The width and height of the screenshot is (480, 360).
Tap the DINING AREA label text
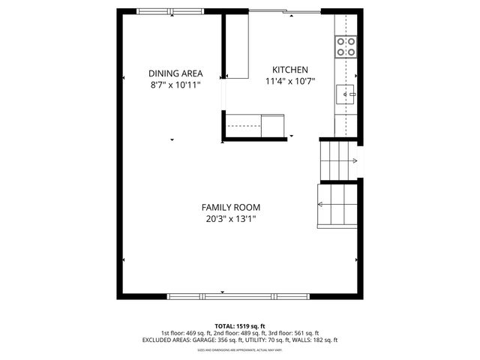tap(175, 73)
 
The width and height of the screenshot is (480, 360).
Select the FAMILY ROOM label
tap(230, 207)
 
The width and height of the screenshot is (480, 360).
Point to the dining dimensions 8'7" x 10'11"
tap(175, 85)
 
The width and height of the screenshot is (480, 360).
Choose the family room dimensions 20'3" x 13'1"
tap(231, 219)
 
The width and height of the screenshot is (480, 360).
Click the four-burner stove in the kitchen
tap(346, 47)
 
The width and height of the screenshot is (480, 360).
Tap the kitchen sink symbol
tap(346, 94)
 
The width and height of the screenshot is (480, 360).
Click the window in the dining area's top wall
tap(169, 11)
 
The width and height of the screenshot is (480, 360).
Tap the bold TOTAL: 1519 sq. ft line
tap(240, 326)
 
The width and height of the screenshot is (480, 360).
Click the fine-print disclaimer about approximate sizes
tap(240, 349)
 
